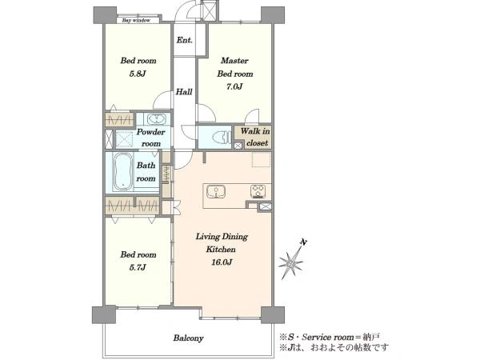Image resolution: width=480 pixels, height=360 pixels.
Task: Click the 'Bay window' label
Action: [136, 21]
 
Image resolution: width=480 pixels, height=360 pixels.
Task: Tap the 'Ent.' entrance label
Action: [184, 40]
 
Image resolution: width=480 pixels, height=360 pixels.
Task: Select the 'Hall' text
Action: [184, 91]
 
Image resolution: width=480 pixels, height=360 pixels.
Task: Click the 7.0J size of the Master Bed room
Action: [234, 86]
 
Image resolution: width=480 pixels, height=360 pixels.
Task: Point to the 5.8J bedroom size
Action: [138, 74]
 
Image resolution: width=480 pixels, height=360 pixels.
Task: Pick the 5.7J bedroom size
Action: [138, 267]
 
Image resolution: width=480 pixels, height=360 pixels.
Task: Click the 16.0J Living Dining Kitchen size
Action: [222, 262]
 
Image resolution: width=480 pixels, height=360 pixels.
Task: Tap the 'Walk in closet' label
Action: [255, 137]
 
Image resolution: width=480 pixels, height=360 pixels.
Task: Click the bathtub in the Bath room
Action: [122, 172]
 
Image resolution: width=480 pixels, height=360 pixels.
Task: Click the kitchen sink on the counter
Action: [216, 192]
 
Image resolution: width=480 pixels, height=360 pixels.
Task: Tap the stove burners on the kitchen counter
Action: [258, 192]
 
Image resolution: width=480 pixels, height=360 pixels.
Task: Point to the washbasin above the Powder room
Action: [157, 118]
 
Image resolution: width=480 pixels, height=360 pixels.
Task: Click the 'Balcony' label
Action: [188, 338]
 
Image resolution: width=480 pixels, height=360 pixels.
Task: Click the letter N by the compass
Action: [303, 242]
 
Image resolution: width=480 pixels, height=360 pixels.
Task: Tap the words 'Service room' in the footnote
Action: [328, 337]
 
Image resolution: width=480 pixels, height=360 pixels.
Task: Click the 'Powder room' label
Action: [150, 138]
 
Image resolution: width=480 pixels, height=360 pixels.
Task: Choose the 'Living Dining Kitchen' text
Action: [222, 242]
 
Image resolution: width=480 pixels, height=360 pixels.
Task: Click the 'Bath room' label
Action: [146, 172]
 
